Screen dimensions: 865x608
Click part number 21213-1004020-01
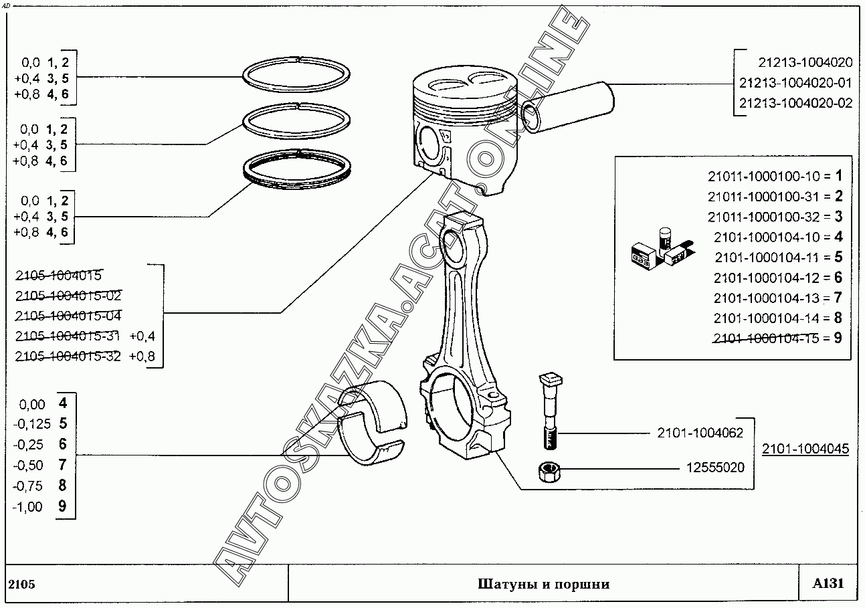[x=795, y=83]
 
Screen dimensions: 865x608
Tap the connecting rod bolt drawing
[x=550, y=411]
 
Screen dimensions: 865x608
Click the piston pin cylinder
[x=567, y=107]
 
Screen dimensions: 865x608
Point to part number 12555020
[x=715, y=468]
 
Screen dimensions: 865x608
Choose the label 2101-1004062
[x=700, y=433]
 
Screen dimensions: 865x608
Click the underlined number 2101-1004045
[x=805, y=449]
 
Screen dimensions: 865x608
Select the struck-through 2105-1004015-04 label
[x=68, y=316]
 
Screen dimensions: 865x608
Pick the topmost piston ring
[x=296, y=74]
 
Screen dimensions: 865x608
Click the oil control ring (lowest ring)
[x=297, y=169]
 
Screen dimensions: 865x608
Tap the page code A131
[x=828, y=583]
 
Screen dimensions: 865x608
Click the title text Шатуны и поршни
[x=543, y=584]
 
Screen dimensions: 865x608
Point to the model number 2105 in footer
[x=21, y=585]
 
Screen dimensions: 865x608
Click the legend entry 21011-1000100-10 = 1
[x=775, y=176]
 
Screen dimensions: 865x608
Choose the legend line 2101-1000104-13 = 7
[x=777, y=298]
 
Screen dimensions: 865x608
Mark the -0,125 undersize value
[x=32, y=424]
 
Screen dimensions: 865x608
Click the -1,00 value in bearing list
[x=27, y=506]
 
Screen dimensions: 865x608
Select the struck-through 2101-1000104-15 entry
[x=777, y=338]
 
